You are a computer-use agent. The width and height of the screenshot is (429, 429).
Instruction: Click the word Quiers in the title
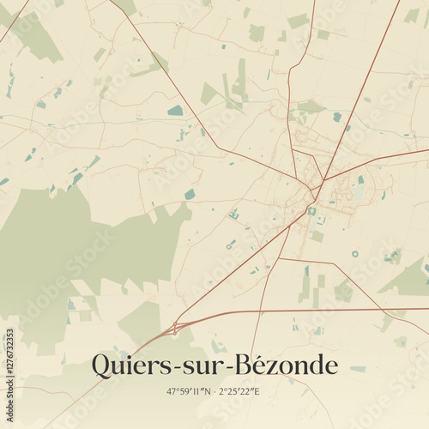[x=130, y=366]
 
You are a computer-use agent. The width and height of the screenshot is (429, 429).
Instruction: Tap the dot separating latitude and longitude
[x=214, y=392]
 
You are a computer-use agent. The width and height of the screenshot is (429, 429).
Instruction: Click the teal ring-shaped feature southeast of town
[x=355, y=254]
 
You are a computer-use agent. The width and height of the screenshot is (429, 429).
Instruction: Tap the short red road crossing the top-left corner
[x=13, y=21]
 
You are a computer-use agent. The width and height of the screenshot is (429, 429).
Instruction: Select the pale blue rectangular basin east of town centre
[x=358, y=193]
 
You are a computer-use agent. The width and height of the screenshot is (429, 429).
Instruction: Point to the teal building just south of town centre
[x=311, y=210]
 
